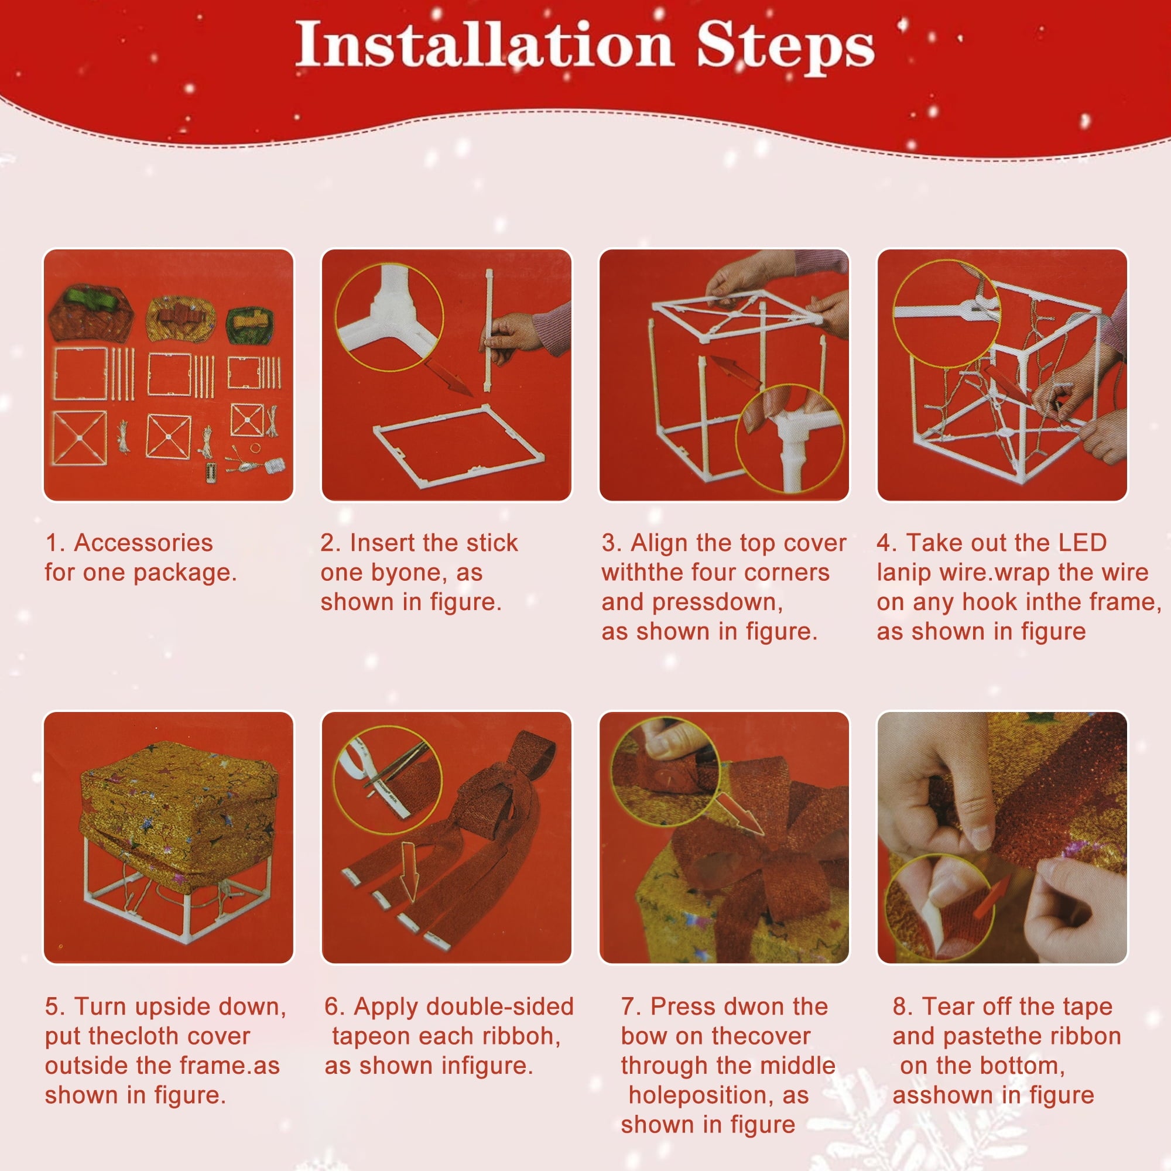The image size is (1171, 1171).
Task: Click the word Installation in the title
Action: pyautogui.click(x=484, y=44)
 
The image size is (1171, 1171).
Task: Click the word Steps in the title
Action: pyautogui.click(x=786, y=49)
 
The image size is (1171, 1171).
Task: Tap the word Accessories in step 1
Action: pyautogui.click(x=143, y=543)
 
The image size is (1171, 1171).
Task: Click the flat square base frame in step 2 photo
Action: pyautogui.click(x=458, y=446)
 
